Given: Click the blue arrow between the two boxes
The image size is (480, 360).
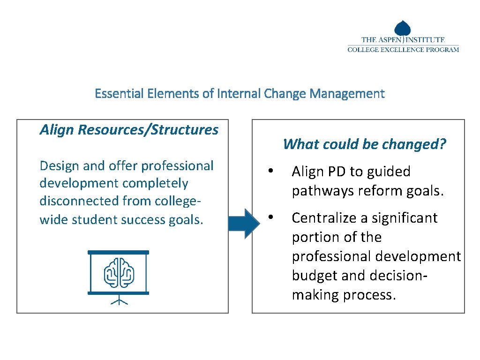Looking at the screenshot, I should pyautogui.click(x=243, y=223).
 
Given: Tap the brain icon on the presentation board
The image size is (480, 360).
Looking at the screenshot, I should pyautogui.click(x=119, y=272).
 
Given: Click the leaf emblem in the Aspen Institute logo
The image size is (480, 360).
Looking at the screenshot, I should pyautogui.click(x=403, y=29).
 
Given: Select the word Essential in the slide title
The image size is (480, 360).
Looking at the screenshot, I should pyautogui.click(x=118, y=94).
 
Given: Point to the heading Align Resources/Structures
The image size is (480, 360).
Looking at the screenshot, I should pyautogui.click(x=129, y=130).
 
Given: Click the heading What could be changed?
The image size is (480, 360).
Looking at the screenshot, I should pyautogui.click(x=365, y=144).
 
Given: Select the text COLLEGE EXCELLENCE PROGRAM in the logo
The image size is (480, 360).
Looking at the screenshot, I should pyautogui.click(x=403, y=50).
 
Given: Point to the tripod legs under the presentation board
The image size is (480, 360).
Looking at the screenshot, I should pyautogui.click(x=119, y=300).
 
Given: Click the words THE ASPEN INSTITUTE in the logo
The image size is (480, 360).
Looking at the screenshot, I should pyautogui.click(x=403, y=40).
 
